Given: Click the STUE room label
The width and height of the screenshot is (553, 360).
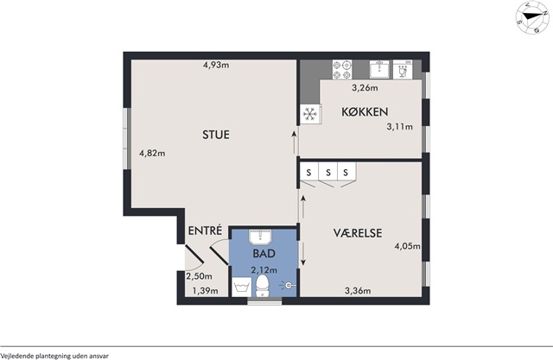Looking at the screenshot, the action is pos(216,135).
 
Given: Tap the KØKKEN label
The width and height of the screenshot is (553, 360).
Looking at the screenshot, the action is pos(365,111).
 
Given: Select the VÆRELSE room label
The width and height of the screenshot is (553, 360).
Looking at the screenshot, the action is pos(358,233).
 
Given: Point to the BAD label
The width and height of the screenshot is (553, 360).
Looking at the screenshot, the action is pos(264,253).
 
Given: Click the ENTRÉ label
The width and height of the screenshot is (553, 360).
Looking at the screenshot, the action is pos(206,231).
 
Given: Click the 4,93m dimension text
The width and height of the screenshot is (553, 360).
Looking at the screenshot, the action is pos(216,65).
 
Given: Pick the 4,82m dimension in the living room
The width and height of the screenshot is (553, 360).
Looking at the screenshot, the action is pos(152,153).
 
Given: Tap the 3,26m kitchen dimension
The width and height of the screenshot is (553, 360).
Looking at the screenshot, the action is pos(365,88).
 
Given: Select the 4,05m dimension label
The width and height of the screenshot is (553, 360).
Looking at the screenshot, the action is pos(407,246).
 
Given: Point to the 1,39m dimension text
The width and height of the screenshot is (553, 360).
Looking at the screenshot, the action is pos(205,291).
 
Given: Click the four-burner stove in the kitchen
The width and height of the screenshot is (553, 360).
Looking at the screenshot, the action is pos(342,70).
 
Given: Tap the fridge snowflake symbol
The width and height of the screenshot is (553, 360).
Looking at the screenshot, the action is pos(310,114).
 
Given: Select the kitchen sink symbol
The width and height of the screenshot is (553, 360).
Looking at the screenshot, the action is pos(379,69).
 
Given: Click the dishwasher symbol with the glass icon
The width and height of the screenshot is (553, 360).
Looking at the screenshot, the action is pos(403,69).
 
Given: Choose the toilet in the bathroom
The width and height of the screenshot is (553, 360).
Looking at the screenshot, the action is pos(262,286).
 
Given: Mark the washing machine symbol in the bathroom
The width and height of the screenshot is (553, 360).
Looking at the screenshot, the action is pos(242,287).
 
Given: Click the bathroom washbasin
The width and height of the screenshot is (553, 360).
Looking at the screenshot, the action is pos(260,237).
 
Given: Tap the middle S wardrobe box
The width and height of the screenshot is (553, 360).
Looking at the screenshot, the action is pos(328,173).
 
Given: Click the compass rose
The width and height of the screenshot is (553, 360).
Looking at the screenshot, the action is pos(532,17).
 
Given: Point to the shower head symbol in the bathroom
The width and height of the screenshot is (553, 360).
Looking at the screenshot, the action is pos(288,285).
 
